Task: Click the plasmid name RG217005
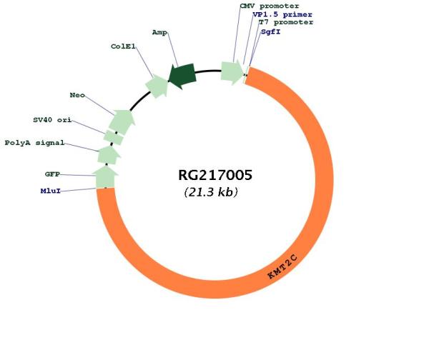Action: [215, 175]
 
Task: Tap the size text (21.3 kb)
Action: [211, 192]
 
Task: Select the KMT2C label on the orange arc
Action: [282, 266]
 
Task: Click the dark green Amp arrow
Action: [182, 76]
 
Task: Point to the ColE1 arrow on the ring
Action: [157, 86]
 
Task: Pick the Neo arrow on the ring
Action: [122, 121]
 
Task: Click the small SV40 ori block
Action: [114, 137]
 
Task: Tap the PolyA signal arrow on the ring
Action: [109, 155]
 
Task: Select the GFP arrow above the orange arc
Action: [105, 176]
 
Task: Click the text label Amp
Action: [159, 33]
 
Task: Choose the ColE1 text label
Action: [123, 46]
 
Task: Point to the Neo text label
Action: [77, 95]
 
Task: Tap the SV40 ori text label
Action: [52, 120]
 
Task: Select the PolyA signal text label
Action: [35, 143]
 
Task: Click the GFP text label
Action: [52, 174]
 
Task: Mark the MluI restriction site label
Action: [51, 191]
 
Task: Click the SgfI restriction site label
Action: [271, 31]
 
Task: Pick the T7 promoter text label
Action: [286, 22]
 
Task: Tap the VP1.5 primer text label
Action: [282, 14]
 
